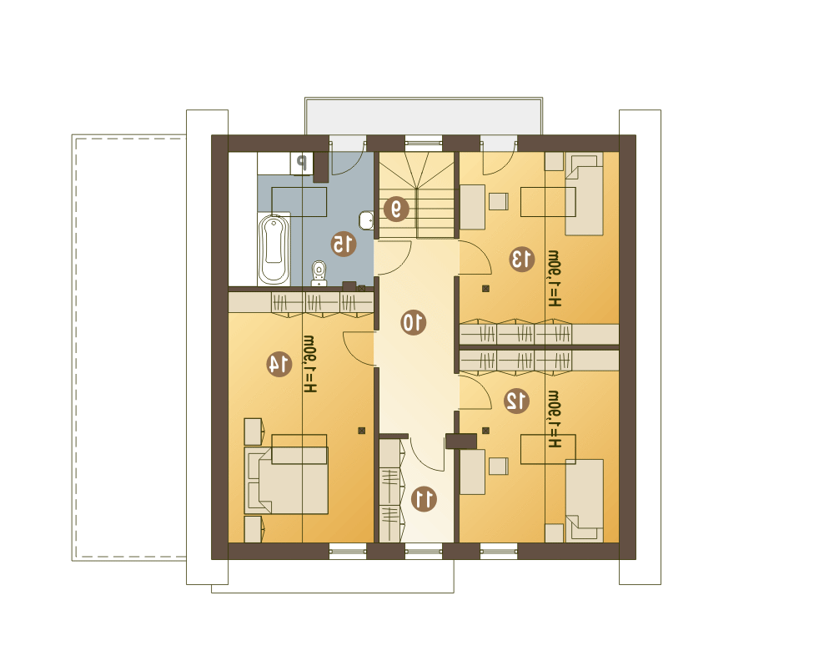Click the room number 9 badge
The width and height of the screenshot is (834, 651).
(396, 209)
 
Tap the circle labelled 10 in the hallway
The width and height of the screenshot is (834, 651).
(414, 322)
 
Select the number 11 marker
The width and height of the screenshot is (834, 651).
(425, 499)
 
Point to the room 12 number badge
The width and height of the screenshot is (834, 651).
(516, 401)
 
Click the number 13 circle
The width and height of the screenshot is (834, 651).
(522, 259)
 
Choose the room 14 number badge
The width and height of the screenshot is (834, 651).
(279, 364)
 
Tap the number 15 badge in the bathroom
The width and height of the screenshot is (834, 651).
(343, 244)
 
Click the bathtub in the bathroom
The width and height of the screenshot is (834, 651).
(274, 249)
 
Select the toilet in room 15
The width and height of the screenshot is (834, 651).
(319, 274)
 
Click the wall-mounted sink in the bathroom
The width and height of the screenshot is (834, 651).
(366, 220)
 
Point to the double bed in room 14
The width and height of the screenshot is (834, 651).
(286, 480)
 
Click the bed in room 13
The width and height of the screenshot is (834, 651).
(584, 194)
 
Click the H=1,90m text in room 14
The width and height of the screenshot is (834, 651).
(310, 364)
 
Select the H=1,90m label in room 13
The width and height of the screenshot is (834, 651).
(555, 278)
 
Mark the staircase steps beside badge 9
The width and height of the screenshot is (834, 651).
(416, 194)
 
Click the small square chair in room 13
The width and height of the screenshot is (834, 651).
(499, 201)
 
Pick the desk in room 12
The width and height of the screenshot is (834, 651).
(472, 472)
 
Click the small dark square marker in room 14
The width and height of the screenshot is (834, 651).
(362, 431)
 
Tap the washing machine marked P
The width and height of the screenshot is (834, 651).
(302, 163)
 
